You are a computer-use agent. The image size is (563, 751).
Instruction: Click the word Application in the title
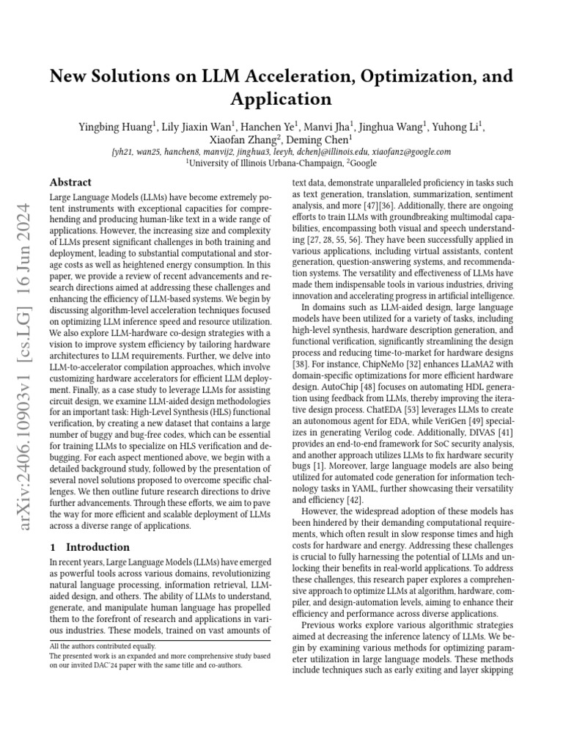point(281,99)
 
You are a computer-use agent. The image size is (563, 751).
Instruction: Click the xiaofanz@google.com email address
point(403,152)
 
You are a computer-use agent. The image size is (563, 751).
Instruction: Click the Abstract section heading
point(70,183)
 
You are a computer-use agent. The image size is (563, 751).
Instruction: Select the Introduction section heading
point(98,547)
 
